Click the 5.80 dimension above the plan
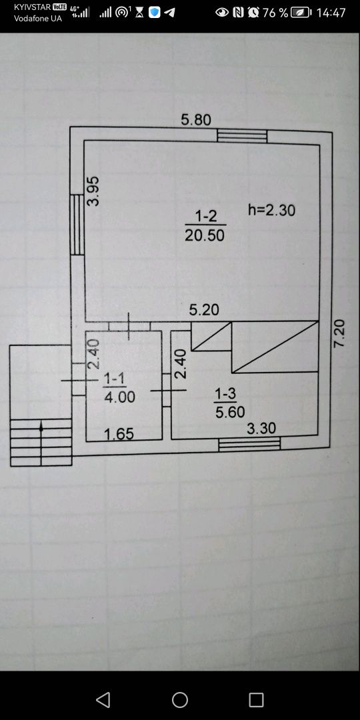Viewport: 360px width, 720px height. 196,120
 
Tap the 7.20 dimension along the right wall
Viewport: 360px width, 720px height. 339,333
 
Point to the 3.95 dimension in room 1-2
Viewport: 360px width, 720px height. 93,191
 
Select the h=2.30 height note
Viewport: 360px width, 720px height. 271,210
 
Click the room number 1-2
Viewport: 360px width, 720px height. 205,215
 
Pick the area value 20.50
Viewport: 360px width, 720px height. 205,235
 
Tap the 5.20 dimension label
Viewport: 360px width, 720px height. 205,310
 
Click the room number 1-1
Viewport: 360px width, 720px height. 115,379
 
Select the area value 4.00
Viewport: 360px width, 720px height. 120,397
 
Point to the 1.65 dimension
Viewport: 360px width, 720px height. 119,434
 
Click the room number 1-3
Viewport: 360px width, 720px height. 225,393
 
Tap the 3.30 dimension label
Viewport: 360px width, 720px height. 261,429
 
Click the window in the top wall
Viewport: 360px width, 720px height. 242,136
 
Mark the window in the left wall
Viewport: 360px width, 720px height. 77,225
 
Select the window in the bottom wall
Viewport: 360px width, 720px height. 249,444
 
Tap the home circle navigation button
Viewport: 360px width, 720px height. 180,700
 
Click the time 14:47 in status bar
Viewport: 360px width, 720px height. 331,13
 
